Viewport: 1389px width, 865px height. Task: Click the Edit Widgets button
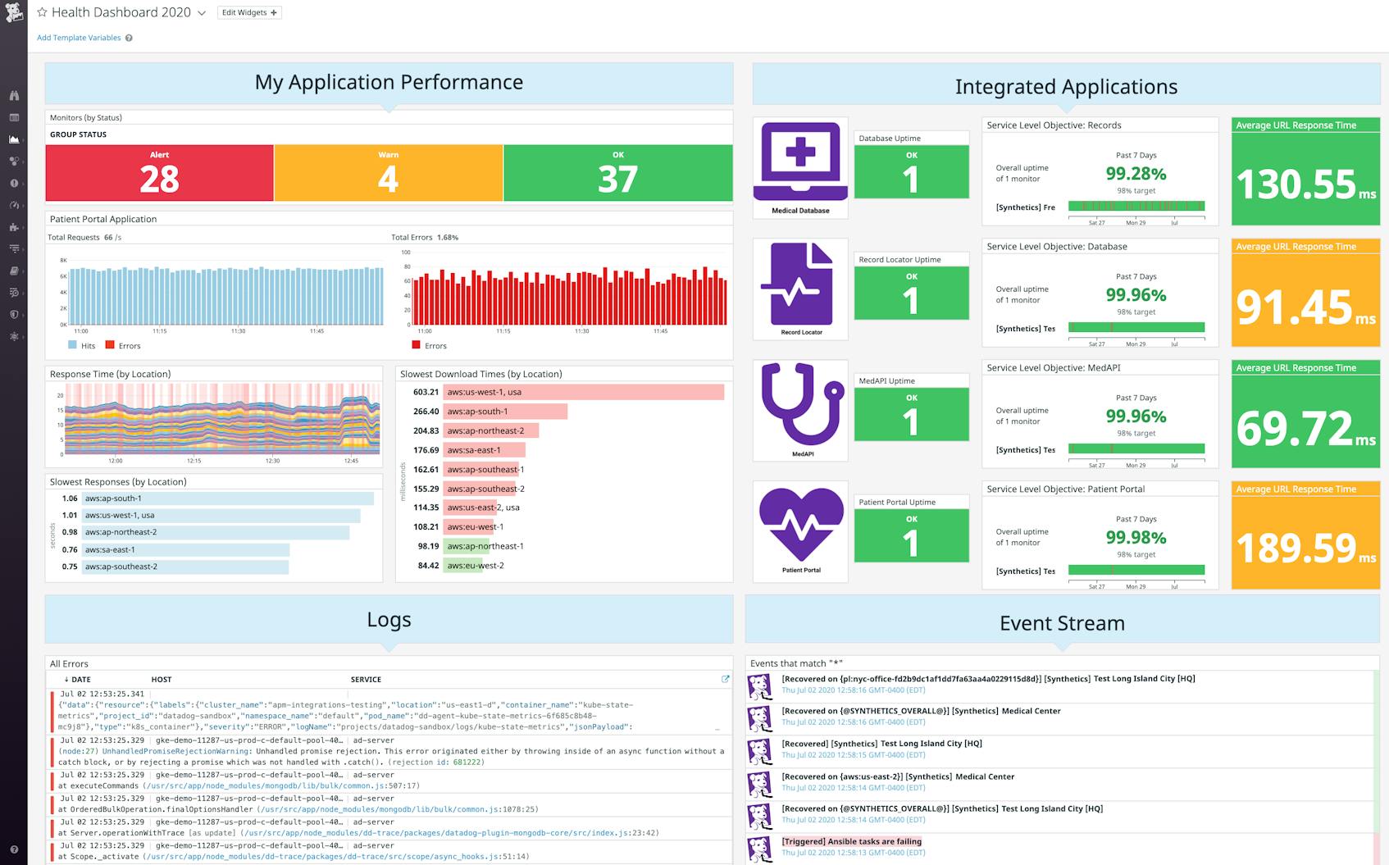249,12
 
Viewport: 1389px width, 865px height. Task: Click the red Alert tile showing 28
159,173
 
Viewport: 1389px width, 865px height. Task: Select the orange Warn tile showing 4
388,173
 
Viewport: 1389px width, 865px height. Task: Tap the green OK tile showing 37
617,173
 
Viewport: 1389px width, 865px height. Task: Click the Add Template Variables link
79,38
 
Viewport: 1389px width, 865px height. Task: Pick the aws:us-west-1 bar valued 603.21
583,392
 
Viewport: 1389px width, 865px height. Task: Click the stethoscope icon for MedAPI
800,404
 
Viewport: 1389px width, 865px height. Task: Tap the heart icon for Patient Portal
800,524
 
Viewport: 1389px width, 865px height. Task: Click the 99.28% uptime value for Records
1136,174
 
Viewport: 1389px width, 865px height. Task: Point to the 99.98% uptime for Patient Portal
1136,538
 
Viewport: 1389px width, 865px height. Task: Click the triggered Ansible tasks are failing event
851,841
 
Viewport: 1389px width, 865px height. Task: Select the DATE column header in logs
80,680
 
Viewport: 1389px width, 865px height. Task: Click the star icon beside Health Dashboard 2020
42,12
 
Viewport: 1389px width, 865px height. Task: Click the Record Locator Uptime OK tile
911,294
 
